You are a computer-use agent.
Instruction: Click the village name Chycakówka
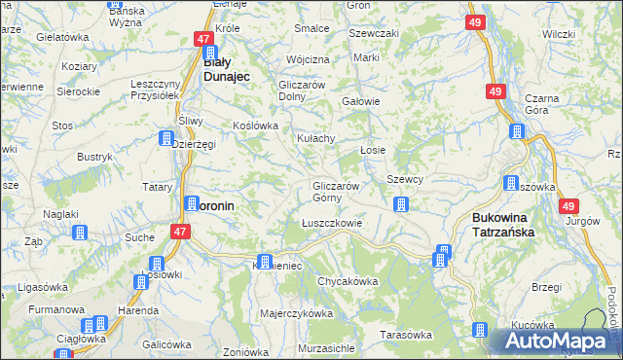coord(347,281)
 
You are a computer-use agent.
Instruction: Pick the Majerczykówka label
coord(297,314)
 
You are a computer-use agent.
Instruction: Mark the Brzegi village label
coord(547,287)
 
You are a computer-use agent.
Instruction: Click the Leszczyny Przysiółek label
coord(156,90)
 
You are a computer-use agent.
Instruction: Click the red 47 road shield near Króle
coord(203,39)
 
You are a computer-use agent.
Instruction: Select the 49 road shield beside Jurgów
coord(569,205)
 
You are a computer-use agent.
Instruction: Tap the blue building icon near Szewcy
coord(400,204)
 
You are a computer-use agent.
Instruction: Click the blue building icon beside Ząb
coord(80,233)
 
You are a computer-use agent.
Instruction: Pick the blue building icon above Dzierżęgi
coord(166,138)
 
